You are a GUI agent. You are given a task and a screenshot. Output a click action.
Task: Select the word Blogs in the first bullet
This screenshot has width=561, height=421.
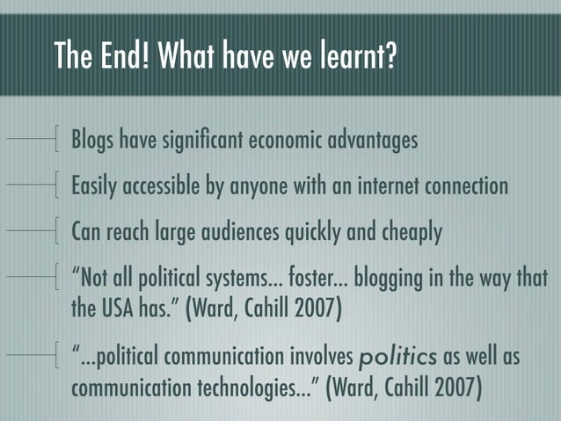click(93, 141)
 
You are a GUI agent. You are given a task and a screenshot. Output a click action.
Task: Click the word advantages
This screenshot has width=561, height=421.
click(375, 141)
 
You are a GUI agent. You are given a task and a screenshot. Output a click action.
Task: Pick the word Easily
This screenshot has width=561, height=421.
click(94, 187)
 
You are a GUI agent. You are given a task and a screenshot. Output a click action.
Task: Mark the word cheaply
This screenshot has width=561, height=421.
click(411, 234)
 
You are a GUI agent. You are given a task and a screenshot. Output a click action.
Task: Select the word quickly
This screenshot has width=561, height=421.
click(316, 234)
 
